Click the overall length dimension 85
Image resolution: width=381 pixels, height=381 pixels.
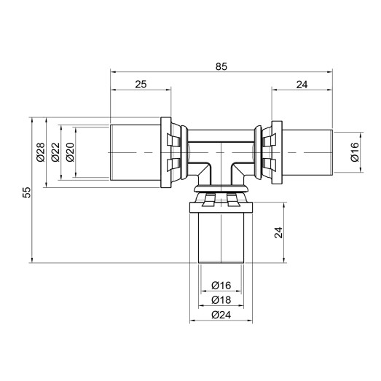click(x=222, y=66)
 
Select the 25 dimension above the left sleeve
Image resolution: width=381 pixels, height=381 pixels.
click(x=141, y=85)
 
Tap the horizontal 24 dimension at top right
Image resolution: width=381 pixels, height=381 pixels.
click(x=302, y=85)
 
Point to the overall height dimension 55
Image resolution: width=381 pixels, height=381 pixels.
click(x=26, y=192)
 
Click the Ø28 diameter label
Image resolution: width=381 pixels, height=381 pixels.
click(x=40, y=151)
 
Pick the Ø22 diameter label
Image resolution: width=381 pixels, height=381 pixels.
click(x=55, y=151)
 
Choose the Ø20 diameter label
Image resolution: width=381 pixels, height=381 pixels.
click(x=70, y=151)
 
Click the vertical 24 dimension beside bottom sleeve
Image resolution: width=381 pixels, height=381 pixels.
click(x=278, y=233)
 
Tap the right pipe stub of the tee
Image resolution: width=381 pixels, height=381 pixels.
click(x=309, y=150)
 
